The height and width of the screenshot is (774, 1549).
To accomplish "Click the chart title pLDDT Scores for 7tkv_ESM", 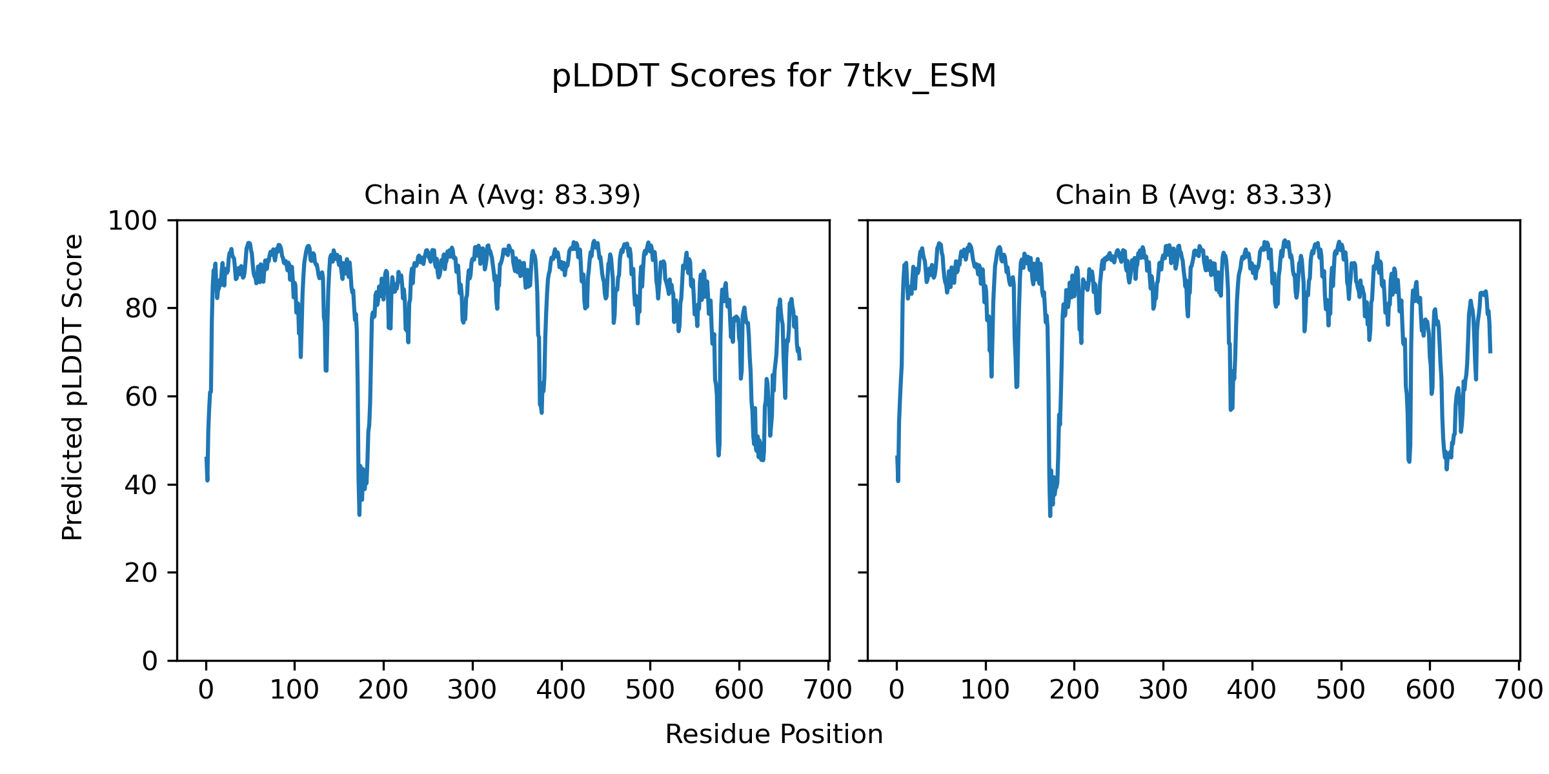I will coord(774,76).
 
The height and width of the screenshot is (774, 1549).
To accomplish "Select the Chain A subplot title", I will coord(502,195).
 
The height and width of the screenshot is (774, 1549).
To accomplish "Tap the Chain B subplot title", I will coord(1193,195).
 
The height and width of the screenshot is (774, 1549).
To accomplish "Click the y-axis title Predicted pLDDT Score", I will coord(72,387).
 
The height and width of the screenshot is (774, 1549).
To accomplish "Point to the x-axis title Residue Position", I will coord(774,735).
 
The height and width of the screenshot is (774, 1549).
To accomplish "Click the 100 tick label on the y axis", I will coord(132,221).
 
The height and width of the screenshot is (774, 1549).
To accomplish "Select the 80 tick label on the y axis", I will coord(141,309).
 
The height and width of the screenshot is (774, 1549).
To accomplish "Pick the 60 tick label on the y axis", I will coord(141,397).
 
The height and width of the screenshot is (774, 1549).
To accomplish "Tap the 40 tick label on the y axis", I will coord(141,485).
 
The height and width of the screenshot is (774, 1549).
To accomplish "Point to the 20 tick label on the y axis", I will coord(141,573).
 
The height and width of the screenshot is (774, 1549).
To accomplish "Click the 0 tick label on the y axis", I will coord(150,661).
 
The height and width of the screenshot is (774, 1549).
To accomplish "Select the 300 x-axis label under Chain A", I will coord(472,691).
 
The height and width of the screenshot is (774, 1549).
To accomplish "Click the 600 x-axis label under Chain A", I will coord(739,691).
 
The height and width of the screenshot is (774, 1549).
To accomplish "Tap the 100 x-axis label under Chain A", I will coord(294,691).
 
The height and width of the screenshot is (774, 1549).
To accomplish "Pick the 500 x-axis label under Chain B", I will coord(1341,691).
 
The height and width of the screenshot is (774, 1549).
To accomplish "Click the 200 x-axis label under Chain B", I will coord(1074,691).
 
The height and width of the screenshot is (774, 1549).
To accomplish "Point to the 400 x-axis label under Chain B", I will coord(1251,691).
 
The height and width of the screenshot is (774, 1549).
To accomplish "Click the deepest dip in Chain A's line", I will coord(359,514).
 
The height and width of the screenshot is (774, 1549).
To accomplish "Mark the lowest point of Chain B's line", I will coord(1050,515).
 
